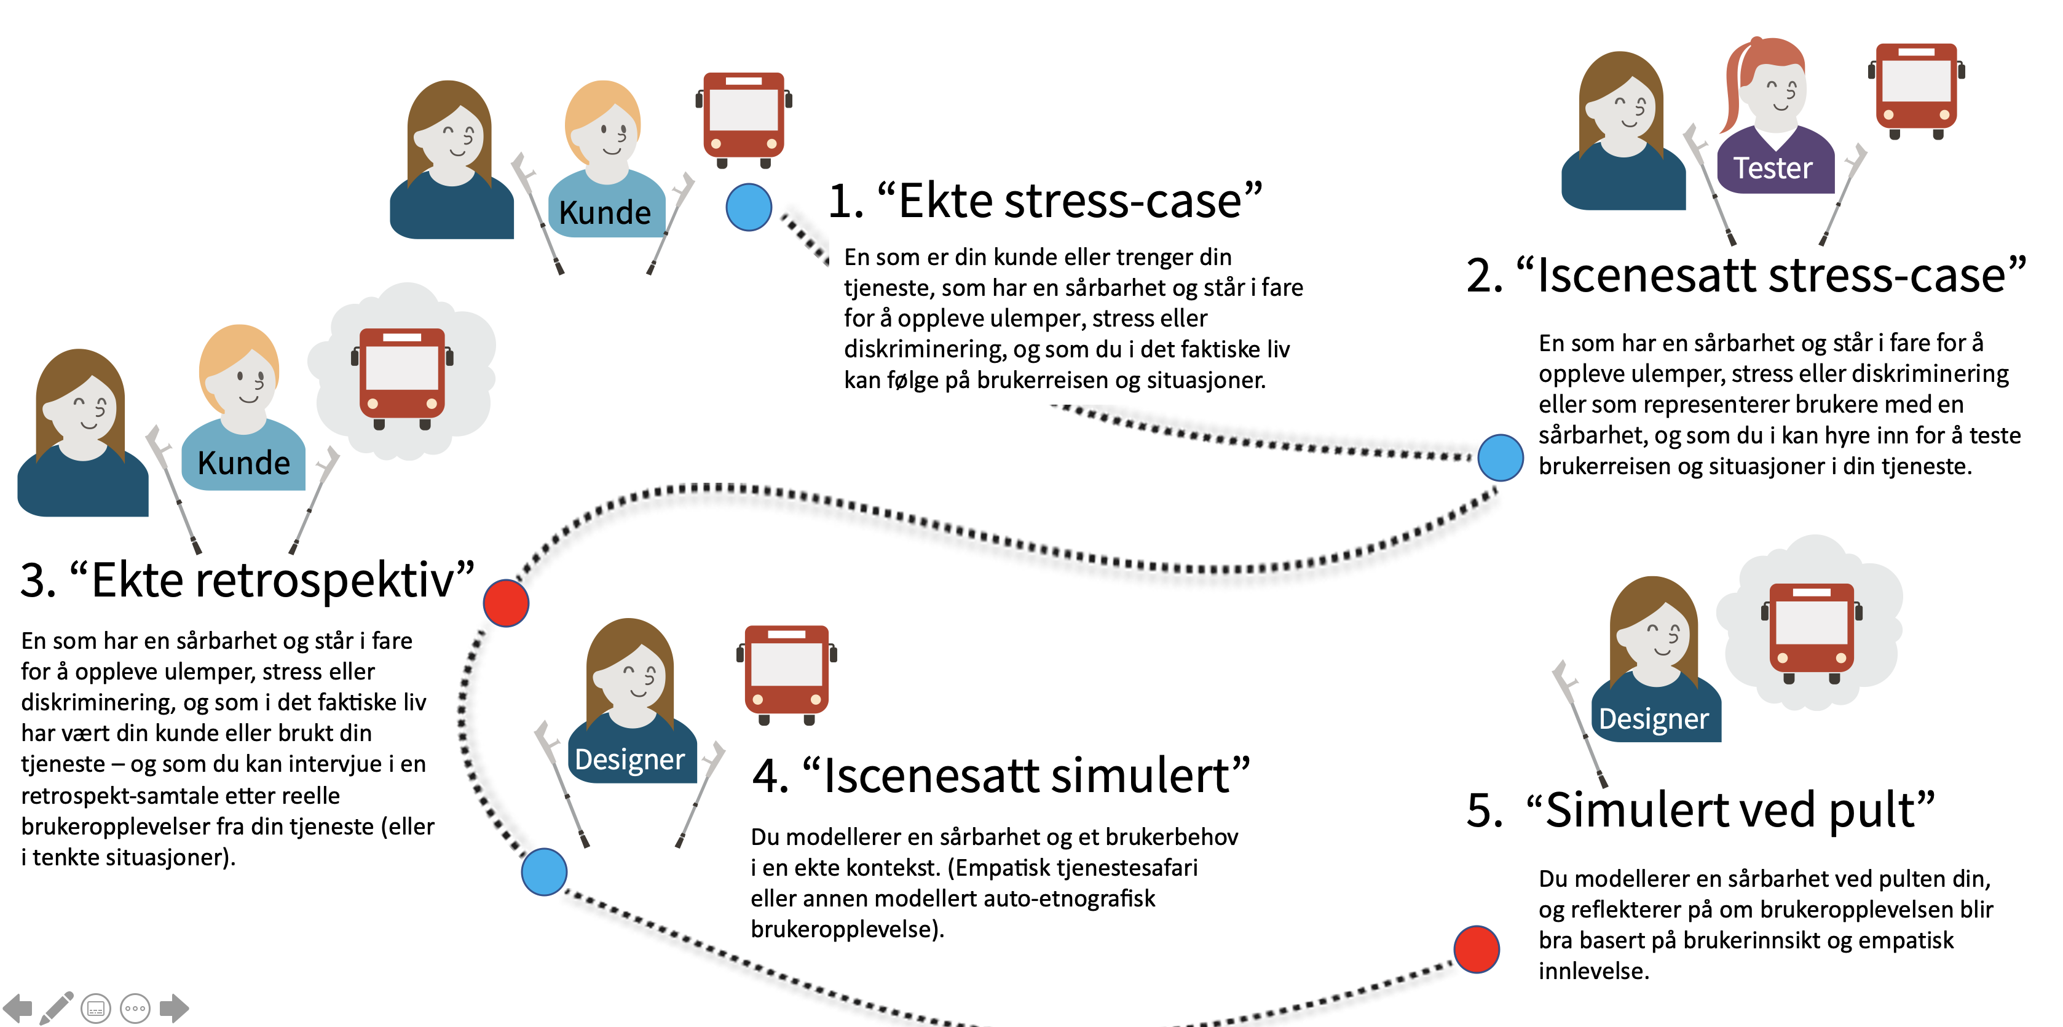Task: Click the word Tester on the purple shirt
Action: click(1772, 169)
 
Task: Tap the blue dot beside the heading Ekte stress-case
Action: click(748, 207)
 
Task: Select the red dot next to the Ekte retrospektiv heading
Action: click(506, 603)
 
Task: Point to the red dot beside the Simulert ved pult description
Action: click(1476, 950)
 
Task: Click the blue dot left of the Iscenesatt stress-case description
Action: click(1500, 458)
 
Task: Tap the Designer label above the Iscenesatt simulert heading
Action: click(629, 759)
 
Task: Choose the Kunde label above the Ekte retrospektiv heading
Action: click(243, 463)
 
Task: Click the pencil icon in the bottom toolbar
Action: click(56, 1008)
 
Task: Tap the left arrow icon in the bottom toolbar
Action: click(18, 1008)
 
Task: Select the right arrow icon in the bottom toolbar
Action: click(174, 1008)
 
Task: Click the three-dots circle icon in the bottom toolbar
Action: click(135, 1008)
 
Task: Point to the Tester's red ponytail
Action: click(1735, 88)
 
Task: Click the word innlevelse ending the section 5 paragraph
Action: click(1592, 971)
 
